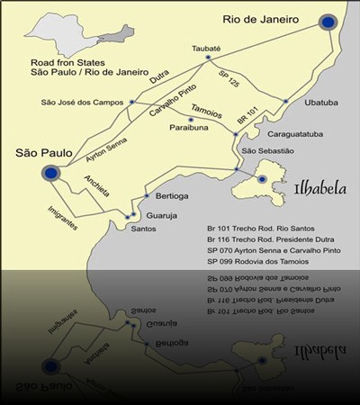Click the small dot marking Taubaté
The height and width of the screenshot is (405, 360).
(208, 58)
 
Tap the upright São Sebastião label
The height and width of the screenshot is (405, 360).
(268, 151)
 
